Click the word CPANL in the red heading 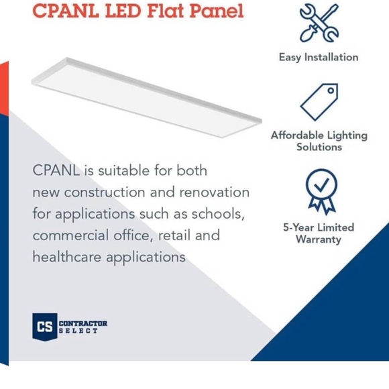[x=64, y=11]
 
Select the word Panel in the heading [x=217, y=11]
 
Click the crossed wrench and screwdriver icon [x=319, y=23]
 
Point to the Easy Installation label [x=319, y=57]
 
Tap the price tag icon [x=319, y=101]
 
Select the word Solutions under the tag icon [x=319, y=147]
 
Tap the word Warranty [x=319, y=239]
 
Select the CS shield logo [x=44, y=327]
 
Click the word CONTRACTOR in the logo [x=83, y=323]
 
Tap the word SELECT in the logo [x=78, y=331]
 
